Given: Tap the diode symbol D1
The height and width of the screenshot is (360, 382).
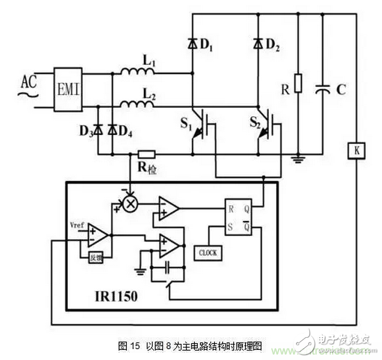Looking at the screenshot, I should pyautogui.click(x=192, y=43).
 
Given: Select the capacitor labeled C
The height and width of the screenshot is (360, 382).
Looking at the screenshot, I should pyautogui.click(x=323, y=90).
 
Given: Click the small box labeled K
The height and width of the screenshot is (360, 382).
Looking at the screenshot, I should pyautogui.click(x=356, y=151).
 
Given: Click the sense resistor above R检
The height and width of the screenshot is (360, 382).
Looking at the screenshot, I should pyautogui.click(x=146, y=155).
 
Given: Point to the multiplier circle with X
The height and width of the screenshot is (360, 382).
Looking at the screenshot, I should pyautogui.click(x=129, y=205).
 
